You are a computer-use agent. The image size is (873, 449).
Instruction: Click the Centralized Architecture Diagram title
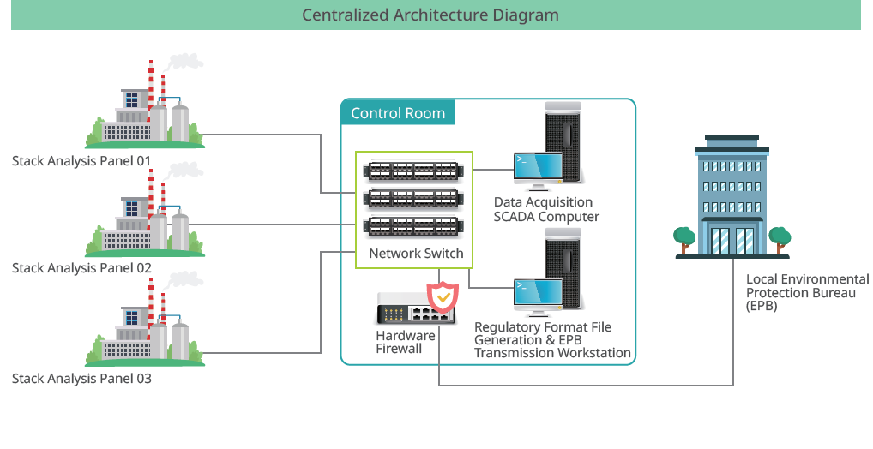pyautogui.click(x=430, y=15)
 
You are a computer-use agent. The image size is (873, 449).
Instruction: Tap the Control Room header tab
pyautogui.click(x=398, y=113)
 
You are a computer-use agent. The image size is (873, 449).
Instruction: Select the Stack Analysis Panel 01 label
pyautogui.click(x=81, y=160)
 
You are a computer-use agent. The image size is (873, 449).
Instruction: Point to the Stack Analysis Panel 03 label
pyautogui.click(x=81, y=378)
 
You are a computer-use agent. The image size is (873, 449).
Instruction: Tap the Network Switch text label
pyautogui.click(x=416, y=254)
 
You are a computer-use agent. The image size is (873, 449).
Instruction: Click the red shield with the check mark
pyautogui.click(x=443, y=296)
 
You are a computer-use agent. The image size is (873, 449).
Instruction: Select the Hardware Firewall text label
pyautogui.click(x=406, y=342)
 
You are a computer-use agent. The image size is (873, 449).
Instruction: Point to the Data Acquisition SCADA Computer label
pyautogui.click(x=546, y=210)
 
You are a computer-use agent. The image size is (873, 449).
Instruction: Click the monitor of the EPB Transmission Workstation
pyautogui.click(x=538, y=294)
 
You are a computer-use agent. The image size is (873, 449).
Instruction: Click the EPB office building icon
pyautogui.click(x=732, y=195)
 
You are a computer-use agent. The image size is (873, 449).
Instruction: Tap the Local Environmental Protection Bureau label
pyautogui.click(x=807, y=292)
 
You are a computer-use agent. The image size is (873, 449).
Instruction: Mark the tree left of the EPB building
pyautogui.click(x=684, y=238)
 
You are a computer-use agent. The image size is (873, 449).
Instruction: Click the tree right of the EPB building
pyautogui.click(x=779, y=238)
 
